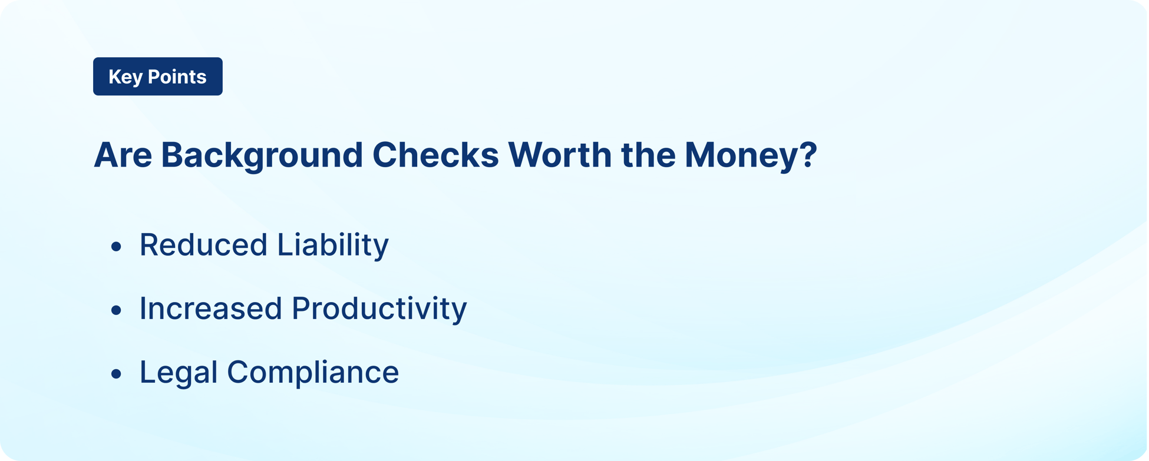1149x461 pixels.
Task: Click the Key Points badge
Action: click(157, 77)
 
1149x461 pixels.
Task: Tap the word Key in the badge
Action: click(124, 77)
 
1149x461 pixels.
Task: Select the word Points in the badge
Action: click(176, 77)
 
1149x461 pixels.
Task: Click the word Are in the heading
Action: click(123, 155)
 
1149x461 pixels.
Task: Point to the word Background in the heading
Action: click(261, 155)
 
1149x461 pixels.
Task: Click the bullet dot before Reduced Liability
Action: click(116, 246)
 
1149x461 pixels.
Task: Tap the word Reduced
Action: click(203, 245)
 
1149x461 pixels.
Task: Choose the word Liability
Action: click(333, 245)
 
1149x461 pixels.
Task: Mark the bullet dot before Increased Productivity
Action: click(116, 310)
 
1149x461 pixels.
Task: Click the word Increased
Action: click(210, 309)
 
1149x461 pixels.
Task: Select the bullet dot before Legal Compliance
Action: click(116, 373)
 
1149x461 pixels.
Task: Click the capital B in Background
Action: click(172, 155)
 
